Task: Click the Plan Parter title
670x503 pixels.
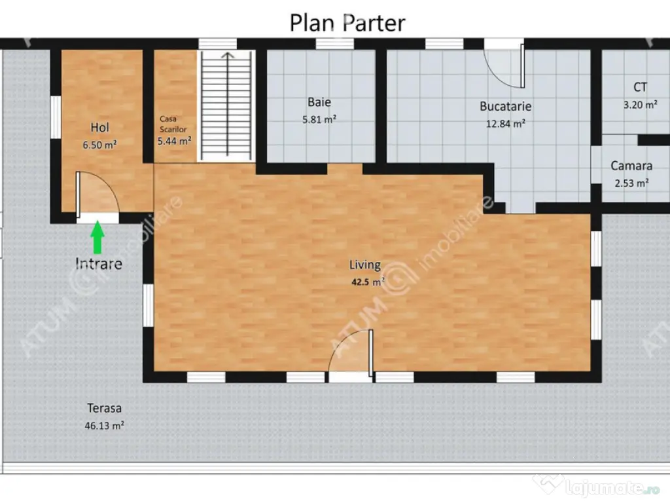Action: pos(347,23)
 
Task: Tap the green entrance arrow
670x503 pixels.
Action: pos(98,237)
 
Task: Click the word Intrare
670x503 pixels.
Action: pos(99,263)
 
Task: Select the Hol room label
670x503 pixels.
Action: pos(99,127)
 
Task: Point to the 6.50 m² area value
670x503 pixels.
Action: pos(99,145)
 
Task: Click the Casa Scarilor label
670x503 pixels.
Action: pos(173,124)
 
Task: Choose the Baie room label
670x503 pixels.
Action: pos(319,102)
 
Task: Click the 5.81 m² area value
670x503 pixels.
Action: pos(319,119)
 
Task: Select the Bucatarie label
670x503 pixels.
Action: pos(506,106)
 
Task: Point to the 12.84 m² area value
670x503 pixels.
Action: pos(506,124)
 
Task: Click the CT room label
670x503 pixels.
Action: pos(640,87)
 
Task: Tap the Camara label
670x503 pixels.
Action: pos(631,166)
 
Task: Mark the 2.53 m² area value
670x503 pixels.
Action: pos(631,183)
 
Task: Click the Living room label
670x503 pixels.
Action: pos(365,265)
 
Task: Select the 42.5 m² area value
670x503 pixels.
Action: pos(368,282)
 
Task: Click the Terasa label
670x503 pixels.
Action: pos(104,408)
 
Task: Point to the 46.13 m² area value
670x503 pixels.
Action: pos(104,426)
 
